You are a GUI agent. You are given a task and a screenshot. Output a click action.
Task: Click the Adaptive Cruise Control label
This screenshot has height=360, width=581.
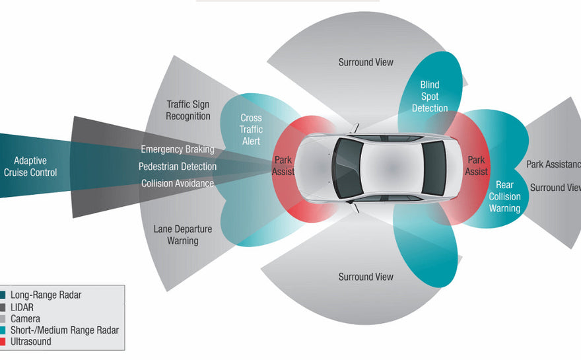pyautogui.click(x=30, y=166)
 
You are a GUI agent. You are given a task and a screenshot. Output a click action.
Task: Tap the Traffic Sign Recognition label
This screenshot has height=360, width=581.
pyautogui.click(x=188, y=110)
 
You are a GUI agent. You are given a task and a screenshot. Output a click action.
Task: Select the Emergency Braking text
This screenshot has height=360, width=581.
pyautogui.click(x=178, y=150)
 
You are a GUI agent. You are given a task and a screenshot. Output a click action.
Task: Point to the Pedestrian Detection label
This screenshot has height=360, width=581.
pyautogui.click(x=178, y=166)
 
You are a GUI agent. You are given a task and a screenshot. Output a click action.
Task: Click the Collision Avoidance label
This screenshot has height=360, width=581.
pyautogui.click(x=178, y=183)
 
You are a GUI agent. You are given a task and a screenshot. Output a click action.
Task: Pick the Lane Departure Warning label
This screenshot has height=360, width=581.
pyautogui.click(x=183, y=234)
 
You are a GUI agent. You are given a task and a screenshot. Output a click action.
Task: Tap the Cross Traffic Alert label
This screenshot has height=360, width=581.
pyautogui.click(x=251, y=129)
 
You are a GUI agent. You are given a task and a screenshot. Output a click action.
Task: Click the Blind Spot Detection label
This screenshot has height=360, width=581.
pyautogui.click(x=430, y=96)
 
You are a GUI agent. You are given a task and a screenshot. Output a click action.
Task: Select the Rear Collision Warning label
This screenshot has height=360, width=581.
pyautogui.click(x=504, y=197)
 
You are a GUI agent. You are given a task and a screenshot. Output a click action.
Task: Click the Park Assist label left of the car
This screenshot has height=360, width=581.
pyautogui.click(x=283, y=166)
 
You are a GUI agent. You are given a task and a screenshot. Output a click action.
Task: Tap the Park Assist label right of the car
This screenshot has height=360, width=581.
pyautogui.click(x=476, y=166)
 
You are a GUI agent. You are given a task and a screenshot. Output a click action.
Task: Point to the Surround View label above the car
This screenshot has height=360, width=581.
pyautogui.click(x=366, y=62)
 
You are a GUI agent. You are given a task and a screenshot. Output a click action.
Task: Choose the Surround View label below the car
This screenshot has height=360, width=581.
pyautogui.click(x=366, y=277)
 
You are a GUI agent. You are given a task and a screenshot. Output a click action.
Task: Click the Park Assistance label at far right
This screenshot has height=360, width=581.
pyautogui.click(x=553, y=164)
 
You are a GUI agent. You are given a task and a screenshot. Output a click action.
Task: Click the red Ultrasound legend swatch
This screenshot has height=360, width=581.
pyautogui.click(x=3, y=342)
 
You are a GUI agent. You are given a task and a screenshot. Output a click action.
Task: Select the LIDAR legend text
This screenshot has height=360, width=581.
pyautogui.click(x=22, y=307)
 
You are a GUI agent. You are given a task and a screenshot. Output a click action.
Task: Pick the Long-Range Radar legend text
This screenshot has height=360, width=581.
pyautogui.click(x=46, y=295)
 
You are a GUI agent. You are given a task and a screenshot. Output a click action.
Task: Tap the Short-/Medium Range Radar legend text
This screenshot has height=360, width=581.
pyautogui.click(x=65, y=330)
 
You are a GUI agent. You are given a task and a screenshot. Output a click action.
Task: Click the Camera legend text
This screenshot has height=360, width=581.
pyautogui.click(x=25, y=318)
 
